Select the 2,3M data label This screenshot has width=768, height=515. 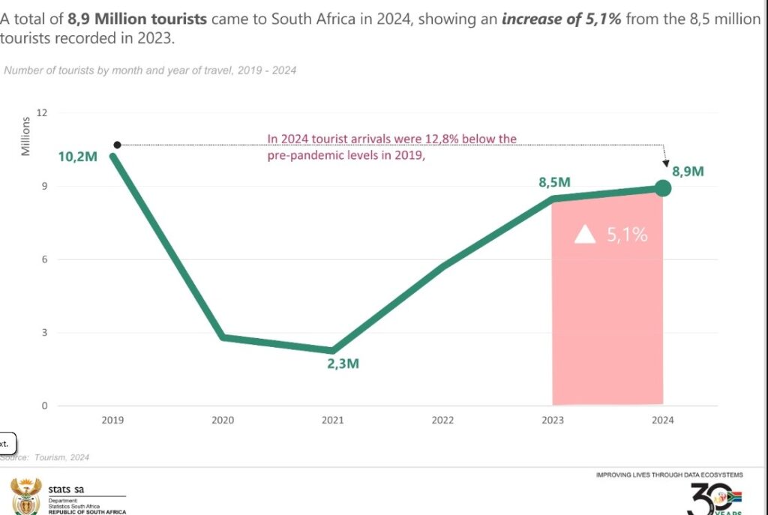point(343,364)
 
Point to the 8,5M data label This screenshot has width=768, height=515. point(554,181)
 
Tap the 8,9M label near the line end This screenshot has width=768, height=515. point(687,171)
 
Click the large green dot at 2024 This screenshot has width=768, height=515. point(663,187)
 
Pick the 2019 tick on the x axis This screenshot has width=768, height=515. point(112,420)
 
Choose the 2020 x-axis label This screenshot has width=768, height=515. point(223,420)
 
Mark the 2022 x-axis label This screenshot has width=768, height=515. point(442,420)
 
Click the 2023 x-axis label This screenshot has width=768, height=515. point(553,420)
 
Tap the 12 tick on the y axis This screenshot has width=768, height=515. point(42,113)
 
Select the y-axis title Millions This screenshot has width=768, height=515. point(25,136)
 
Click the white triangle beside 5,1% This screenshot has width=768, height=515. point(585,235)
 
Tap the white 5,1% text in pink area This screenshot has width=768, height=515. point(626,235)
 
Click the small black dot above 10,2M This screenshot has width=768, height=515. point(117,145)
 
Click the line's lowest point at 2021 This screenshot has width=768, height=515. point(332,350)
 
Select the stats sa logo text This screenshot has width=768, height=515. point(66,490)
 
